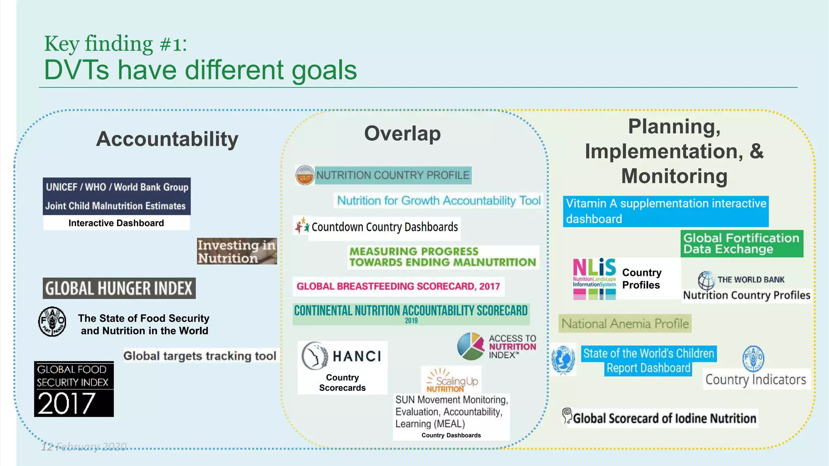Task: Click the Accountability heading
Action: (167, 139)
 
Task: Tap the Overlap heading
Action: (402, 133)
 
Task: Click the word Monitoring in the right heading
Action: (674, 176)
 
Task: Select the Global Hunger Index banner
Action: (119, 288)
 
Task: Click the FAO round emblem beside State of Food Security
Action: (52, 322)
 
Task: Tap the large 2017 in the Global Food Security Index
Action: (67, 403)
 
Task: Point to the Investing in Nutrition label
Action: (237, 251)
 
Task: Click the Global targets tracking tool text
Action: (200, 356)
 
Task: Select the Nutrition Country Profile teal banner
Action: (393, 176)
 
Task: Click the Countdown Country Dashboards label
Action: (385, 227)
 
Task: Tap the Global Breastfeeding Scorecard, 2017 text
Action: (398, 286)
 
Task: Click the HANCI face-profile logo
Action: (315, 356)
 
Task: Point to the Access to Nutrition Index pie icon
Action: (470, 346)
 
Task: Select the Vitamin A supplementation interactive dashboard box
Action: (665, 211)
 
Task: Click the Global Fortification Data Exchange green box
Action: (742, 244)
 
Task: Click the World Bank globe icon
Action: (706, 280)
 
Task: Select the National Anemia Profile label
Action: (625, 324)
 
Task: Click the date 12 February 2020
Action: (84, 447)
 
